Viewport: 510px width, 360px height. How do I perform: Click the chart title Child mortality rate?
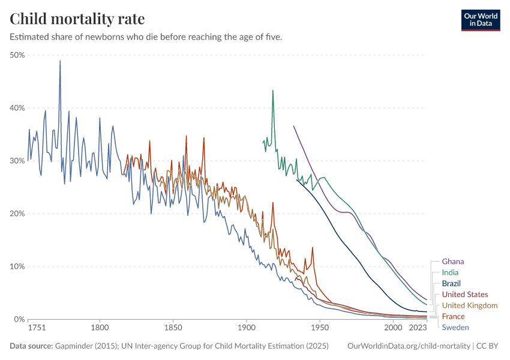(77, 19)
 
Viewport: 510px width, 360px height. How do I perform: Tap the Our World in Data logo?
(480, 20)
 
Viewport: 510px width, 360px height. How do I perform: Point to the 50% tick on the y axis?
(17, 55)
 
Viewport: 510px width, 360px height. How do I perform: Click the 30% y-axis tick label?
(17, 161)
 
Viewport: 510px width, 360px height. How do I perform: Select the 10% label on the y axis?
(17, 266)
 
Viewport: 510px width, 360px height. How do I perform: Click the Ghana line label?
(452, 262)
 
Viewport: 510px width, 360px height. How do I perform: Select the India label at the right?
(450, 272)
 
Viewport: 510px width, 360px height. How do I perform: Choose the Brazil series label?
(451, 283)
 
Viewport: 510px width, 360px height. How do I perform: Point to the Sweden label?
(455, 327)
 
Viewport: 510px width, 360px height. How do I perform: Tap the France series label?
(453, 316)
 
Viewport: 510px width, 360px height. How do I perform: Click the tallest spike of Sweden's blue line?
(60, 61)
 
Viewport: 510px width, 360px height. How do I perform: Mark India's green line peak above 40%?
(273, 91)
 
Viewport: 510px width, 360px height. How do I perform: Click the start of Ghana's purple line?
(293, 126)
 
